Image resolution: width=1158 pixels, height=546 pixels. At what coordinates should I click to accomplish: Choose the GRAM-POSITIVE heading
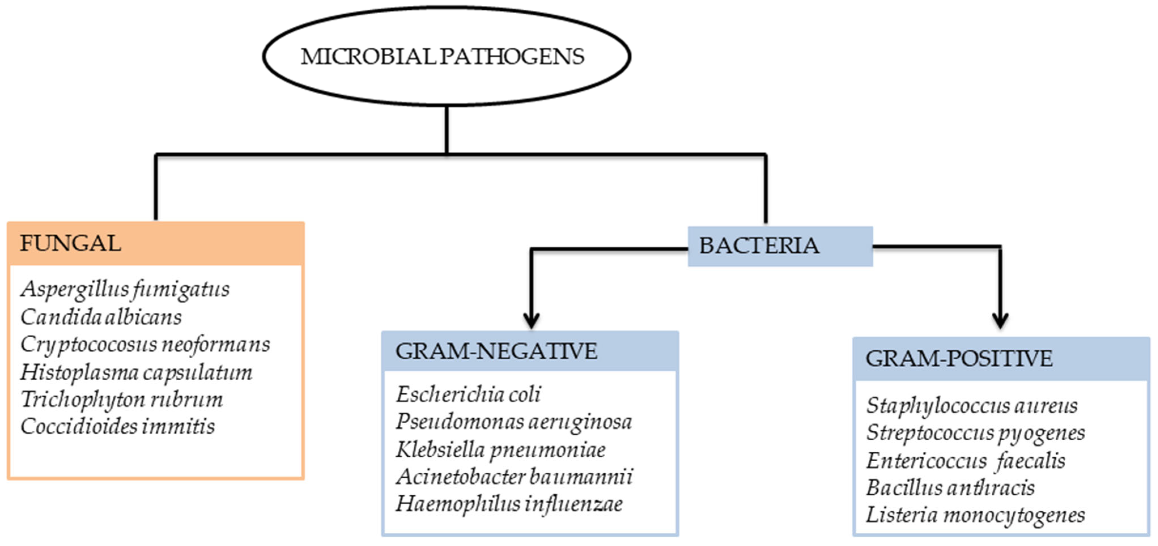[959, 358]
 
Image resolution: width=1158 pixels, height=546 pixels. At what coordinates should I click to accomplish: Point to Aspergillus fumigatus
[125, 289]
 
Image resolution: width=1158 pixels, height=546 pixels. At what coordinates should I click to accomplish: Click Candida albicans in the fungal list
[101, 317]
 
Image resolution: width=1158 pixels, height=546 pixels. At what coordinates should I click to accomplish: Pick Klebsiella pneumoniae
[500, 449]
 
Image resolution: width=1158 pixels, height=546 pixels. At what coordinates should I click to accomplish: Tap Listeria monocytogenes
[975, 515]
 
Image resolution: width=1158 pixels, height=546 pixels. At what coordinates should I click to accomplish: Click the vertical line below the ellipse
[446, 130]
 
